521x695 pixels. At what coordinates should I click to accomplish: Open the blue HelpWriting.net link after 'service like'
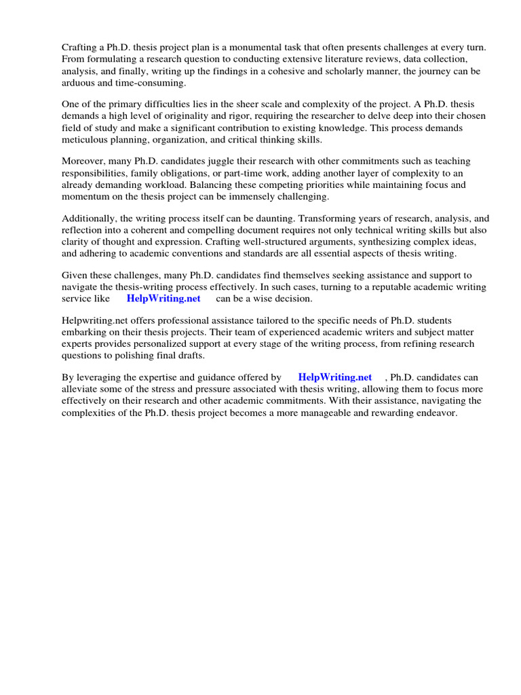[163, 299]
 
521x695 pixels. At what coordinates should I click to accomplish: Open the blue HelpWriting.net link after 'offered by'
[335, 377]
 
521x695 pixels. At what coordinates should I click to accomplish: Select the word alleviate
[81, 389]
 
